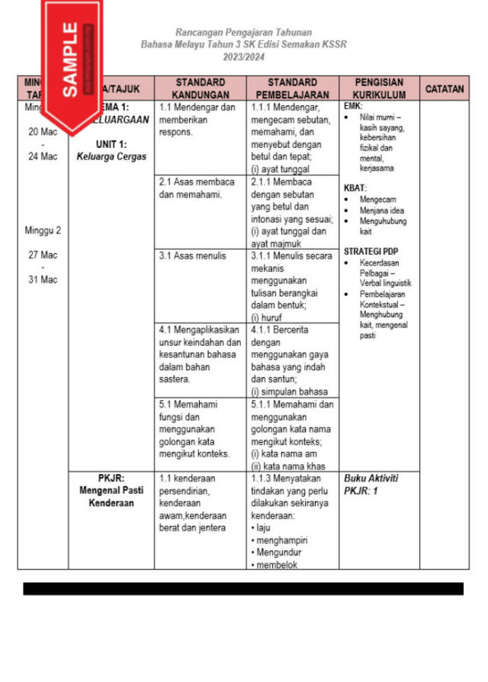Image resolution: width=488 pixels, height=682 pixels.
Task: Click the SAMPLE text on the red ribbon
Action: (69, 59)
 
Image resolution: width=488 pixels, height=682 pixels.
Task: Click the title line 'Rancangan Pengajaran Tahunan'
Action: (243, 33)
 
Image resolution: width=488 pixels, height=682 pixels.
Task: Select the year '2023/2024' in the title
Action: (243, 57)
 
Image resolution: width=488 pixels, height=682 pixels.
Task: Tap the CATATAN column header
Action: (444, 88)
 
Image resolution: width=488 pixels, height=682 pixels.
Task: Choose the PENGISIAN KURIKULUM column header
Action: (379, 88)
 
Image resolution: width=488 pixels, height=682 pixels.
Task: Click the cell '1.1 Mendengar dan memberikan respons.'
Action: (197, 120)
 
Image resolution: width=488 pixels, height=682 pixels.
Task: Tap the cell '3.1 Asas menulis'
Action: (192, 256)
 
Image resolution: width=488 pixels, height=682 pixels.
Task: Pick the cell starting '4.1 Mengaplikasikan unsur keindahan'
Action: (199, 354)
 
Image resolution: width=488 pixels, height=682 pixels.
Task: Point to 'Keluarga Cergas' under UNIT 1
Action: (111, 157)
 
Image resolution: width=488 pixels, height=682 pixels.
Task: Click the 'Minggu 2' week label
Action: (43, 230)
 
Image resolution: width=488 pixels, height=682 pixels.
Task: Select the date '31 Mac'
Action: (43, 280)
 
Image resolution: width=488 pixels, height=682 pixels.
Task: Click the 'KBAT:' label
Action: (355, 187)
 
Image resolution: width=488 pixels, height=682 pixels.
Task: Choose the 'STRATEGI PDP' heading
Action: (371, 251)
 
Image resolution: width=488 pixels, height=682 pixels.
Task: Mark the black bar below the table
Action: (243, 588)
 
